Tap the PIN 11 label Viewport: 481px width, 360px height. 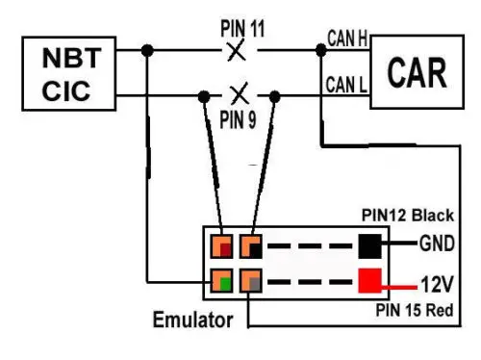[x=242, y=29]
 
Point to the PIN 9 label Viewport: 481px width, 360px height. [x=238, y=119]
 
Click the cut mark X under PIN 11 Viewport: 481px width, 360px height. [x=237, y=50]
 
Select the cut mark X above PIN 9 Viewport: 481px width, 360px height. [x=240, y=93]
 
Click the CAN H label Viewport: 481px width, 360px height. [x=347, y=39]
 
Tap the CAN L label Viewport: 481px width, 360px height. [x=346, y=85]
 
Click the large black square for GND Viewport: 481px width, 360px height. [x=369, y=246]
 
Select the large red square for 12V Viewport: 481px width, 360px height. [x=369, y=280]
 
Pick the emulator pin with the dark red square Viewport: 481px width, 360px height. [x=221, y=246]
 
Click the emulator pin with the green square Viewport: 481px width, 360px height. [x=221, y=280]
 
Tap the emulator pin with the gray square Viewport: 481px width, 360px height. [x=251, y=280]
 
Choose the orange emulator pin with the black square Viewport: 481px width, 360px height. [x=251, y=246]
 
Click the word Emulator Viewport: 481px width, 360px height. [x=192, y=320]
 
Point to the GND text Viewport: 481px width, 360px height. [x=437, y=244]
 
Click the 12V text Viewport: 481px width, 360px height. [x=437, y=284]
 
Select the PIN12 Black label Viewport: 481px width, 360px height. [x=408, y=215]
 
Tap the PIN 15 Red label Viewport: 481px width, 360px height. [x=415, y=310]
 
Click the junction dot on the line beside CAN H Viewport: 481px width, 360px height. [x=321, y=50]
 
